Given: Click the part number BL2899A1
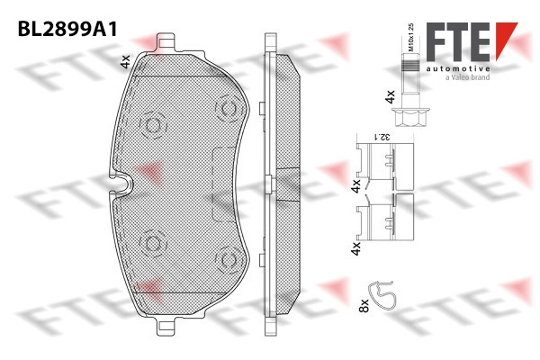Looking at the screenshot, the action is coord(67,29).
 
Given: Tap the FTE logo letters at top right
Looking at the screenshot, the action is coord(458,42).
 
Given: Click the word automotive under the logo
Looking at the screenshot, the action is coord(458,69).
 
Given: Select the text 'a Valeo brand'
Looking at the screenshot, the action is coord(468,77).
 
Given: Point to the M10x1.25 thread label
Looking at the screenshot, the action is coord(410,37).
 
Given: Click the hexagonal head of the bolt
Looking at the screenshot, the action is coord(410,117).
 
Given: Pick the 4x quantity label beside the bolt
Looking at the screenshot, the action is coord(391,97).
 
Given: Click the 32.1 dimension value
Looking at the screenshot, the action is coord(382,137).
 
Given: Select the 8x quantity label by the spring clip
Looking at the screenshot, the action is coord(364,306).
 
